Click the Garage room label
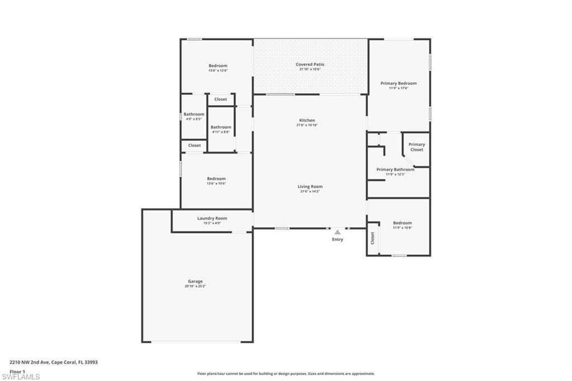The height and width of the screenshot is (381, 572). [195, 282]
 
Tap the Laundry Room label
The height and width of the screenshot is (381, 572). [212, 218]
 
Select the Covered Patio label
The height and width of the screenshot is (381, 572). [310, 64]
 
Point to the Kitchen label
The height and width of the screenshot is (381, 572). [307, 120]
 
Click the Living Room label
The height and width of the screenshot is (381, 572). [310, 187]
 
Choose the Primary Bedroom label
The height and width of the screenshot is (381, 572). [398, 83]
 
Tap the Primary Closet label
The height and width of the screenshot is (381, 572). [417, 147]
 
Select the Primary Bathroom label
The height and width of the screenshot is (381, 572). [395, 169]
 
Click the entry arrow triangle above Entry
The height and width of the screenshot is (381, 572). [337, 232]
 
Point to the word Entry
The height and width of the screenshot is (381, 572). [337, 240]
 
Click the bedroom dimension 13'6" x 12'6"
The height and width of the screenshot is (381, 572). [218, 70]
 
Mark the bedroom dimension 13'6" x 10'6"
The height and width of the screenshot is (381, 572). [217, 183]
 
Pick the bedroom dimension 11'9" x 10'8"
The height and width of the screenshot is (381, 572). [402, 227]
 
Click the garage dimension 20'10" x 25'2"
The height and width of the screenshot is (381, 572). [195, 286]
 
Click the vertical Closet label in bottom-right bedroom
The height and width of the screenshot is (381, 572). [373, 239]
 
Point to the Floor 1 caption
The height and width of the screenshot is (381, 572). [17, 371]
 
